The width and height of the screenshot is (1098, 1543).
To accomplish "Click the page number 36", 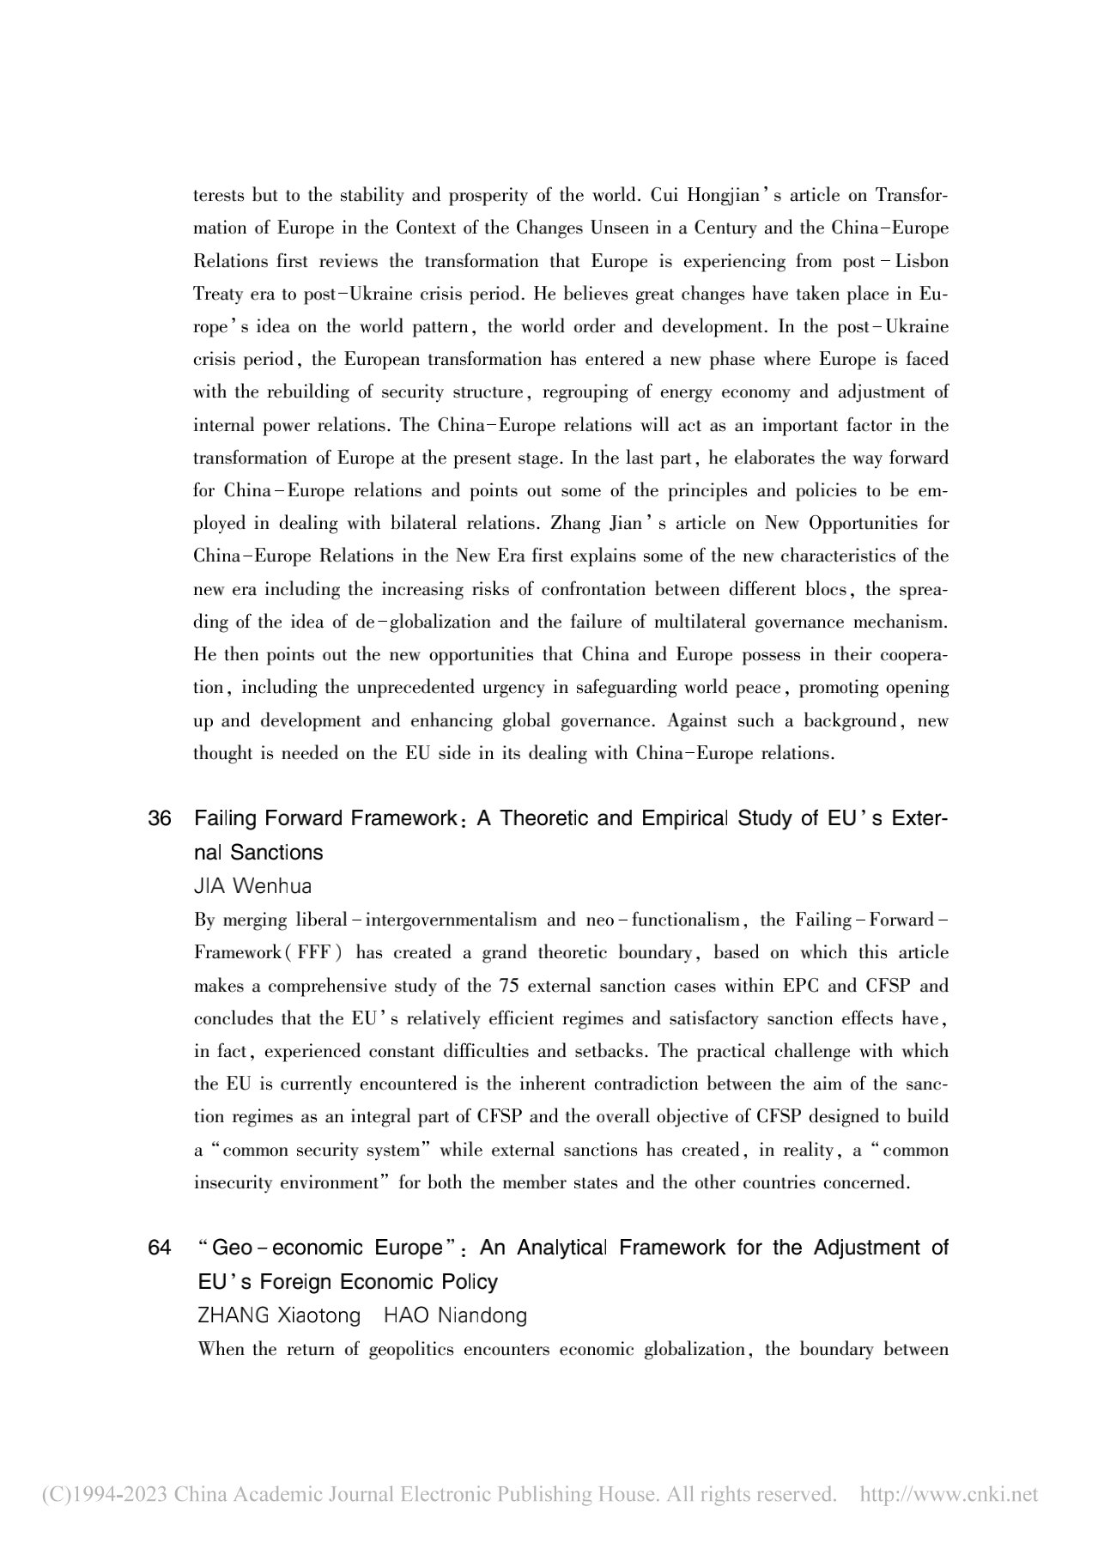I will coord(160,818).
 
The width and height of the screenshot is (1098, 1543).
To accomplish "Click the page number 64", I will coord(160,1248).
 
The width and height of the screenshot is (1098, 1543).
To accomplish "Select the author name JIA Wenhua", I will coord(252,886).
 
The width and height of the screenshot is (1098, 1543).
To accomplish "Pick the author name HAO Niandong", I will coord(455,1315).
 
